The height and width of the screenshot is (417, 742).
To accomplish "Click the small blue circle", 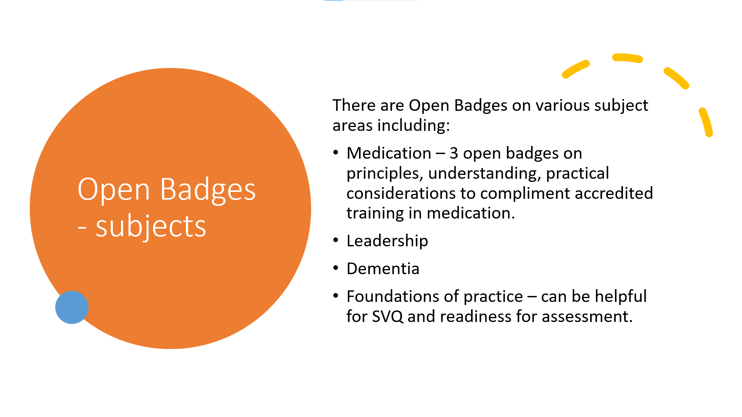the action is (72, 307).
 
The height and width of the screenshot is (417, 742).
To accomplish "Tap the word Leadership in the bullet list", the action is (387, 241).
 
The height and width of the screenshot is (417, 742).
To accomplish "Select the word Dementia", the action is (383, 269).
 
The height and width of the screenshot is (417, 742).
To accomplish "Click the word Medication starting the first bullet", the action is (389, 153).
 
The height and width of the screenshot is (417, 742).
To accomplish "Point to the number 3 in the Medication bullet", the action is (454, 154).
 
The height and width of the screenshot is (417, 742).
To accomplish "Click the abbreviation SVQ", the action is (388, 317).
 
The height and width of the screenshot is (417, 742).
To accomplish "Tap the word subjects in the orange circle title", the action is (151, 227).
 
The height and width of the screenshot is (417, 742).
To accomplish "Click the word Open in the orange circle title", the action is (114, 190).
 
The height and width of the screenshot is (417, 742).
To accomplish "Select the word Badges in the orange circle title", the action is (208, 189).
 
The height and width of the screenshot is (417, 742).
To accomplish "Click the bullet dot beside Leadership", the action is (335, 241).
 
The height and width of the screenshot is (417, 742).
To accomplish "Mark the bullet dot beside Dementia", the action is (335, 268).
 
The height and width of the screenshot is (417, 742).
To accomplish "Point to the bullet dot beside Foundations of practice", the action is (335, 296).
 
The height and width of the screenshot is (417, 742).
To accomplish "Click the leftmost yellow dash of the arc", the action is (575, 69).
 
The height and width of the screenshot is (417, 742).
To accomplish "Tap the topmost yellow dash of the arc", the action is (627, 58).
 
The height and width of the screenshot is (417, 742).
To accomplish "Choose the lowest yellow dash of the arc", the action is (706, 122).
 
